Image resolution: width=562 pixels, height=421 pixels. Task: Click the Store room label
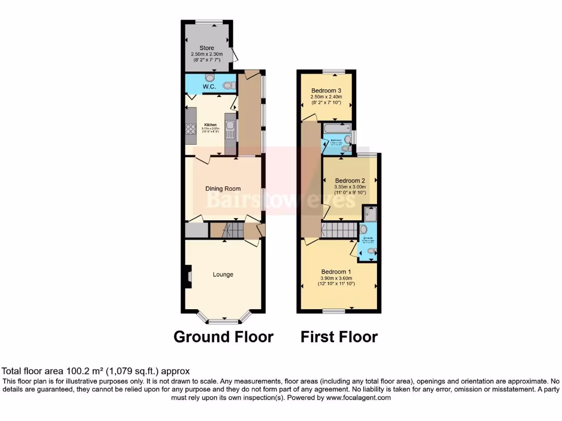click(207, 48)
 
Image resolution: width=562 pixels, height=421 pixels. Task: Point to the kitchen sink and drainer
click(231, 130)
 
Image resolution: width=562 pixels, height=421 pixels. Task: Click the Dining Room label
click(224, 189)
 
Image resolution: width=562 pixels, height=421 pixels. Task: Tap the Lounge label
click(223, 275)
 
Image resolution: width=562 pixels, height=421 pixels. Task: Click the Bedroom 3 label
click(327, 91)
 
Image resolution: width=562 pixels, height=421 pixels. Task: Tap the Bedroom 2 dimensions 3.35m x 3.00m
click(350, 187)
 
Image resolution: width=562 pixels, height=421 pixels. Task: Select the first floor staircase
click(339, 230)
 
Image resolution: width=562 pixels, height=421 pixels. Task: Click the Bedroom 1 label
click(336, 272)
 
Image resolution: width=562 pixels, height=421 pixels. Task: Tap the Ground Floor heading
click(223, 337)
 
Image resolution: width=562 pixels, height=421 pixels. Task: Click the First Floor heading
click(339, 337)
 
